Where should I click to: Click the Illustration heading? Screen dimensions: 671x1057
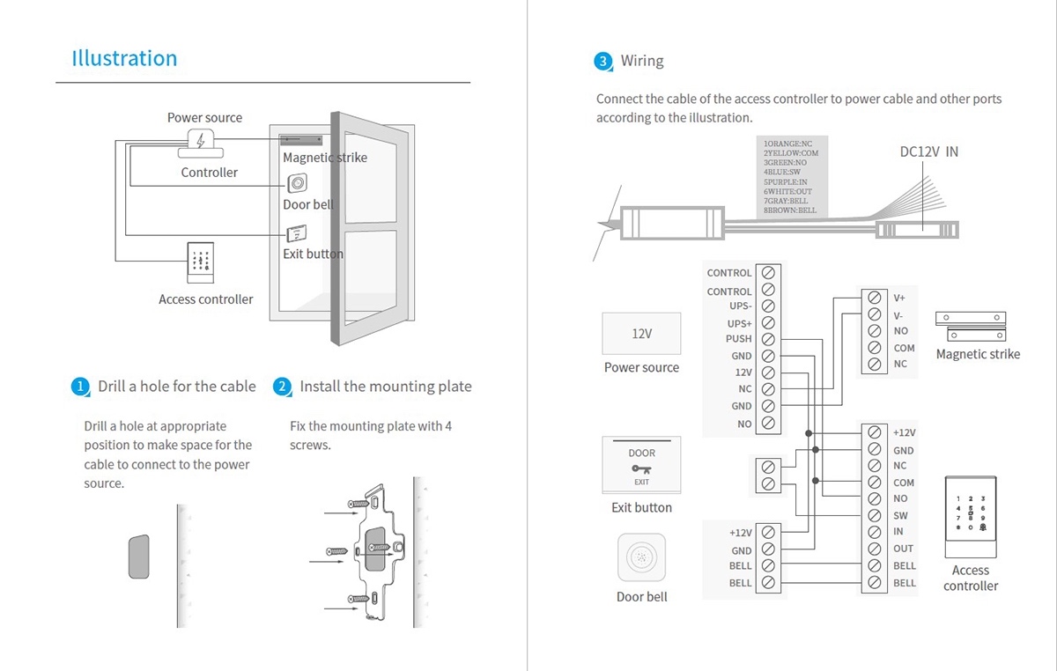point(124,59)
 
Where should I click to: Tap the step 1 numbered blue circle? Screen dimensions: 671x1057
point(80,387)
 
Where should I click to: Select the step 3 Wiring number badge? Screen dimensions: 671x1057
point(602,62)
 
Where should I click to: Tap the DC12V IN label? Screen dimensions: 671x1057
point(928,151)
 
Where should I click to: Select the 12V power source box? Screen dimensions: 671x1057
point(641,335)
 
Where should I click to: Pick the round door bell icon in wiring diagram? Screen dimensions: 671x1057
point(641,557)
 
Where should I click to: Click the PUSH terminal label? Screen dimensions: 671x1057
point(739,339)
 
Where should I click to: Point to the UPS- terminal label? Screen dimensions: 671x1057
point(740,306)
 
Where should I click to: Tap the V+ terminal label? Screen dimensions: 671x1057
point(899,299)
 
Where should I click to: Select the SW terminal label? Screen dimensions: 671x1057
point(900,515)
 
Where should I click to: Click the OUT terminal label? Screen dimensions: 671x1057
point(904,549)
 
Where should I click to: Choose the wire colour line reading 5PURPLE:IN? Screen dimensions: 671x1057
point(785,181)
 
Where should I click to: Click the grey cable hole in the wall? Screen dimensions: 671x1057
point(138,557)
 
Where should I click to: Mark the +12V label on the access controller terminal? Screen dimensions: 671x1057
point(905,432)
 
